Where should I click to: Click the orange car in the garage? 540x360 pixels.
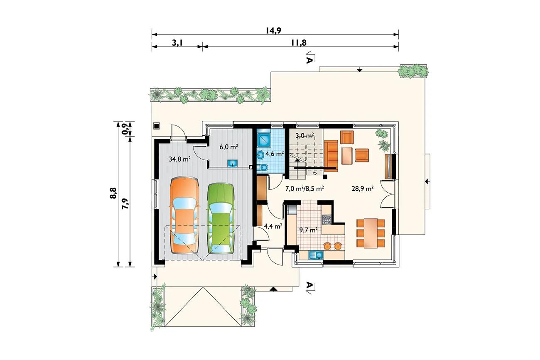click(185, 215)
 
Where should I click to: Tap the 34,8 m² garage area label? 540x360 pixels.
click(179, 159)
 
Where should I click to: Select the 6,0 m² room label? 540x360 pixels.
click(229, 147)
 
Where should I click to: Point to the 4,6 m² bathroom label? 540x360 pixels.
click(275, 154)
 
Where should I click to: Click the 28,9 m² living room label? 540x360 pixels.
click(363, 189)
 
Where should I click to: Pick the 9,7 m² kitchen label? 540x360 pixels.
click(308, 230)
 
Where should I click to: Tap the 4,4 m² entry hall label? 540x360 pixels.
click(273, 226)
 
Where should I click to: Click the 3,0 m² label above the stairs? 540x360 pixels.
click(305, 136)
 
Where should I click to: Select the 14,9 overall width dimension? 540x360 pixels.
click(274, 31)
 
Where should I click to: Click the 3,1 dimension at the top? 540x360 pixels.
click(177, 43)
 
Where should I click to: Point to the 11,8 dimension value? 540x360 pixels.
click(299, 43)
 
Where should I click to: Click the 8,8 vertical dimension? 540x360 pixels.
click(113, 193)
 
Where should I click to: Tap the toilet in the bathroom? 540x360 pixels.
click(262, 168)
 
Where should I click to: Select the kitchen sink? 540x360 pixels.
click(316, 255)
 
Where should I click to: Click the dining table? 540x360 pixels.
click(371, 233)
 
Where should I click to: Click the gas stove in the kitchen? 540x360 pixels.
click(327, 219)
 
